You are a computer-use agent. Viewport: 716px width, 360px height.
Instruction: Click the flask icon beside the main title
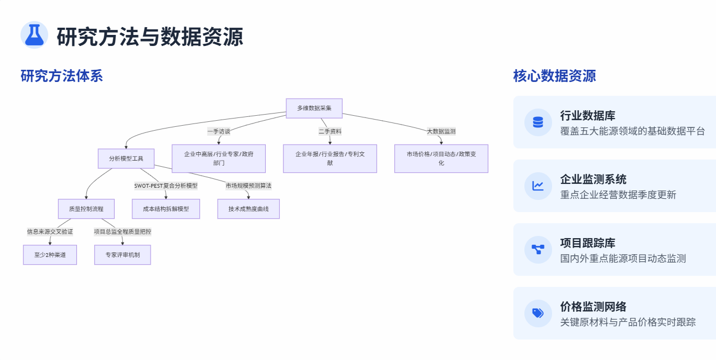coord(34,35)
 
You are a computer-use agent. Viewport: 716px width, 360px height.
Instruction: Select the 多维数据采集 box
coord(314,109)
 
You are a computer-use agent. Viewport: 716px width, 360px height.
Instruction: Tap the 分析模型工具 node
coord(126,158)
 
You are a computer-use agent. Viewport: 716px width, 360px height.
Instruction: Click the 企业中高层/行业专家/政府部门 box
coord(219,158)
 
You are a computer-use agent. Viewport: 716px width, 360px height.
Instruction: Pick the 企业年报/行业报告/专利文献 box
coord(329,158)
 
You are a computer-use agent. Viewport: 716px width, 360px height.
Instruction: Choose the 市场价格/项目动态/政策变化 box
coord(441,158)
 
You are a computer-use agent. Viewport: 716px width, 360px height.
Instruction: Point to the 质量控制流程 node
coord(86,209)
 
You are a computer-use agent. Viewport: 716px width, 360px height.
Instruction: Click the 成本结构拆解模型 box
coord(166,209)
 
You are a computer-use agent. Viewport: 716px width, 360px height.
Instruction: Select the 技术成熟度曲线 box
coord(248,209)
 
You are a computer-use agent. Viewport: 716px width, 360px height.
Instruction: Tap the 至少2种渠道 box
coord(50,255)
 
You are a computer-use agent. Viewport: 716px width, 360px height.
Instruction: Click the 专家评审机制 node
coord(122,255)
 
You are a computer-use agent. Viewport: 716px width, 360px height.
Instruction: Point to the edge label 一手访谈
coord(219,131)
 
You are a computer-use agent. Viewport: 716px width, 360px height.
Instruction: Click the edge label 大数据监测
coord(441,131)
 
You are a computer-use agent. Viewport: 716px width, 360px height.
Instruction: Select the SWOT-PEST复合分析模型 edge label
coord(166,186)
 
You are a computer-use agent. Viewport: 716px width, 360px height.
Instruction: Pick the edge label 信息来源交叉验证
coord(50,232)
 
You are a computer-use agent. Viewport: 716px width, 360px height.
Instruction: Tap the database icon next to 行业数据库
coord(538,122)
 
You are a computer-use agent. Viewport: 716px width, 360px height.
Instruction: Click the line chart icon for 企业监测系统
coord(538,186)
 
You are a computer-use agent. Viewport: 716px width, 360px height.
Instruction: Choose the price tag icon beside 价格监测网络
coord(538,313)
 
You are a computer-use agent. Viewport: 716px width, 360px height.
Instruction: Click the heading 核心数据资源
coord(554,76)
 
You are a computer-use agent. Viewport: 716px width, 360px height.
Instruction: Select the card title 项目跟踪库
coord(588,243)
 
